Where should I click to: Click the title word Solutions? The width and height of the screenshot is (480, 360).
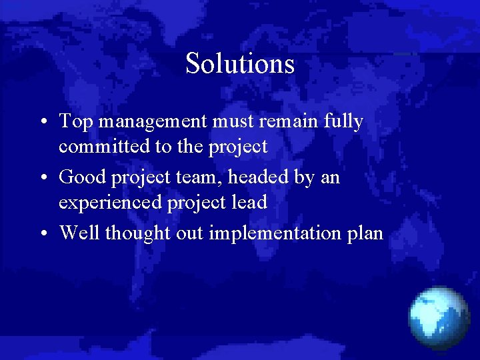click(x=240, y=64)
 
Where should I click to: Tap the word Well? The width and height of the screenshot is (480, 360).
click(x=79, y=233)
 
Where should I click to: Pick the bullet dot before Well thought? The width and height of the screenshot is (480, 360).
click(x=42, y=234)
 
